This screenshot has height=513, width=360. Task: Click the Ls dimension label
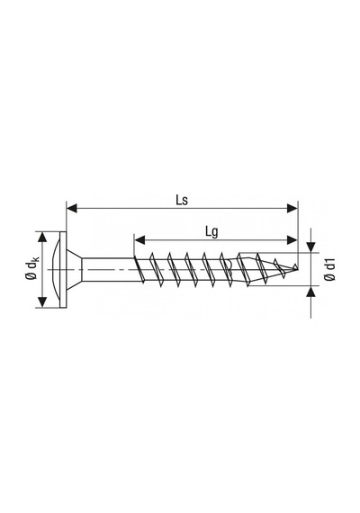tap(182, 200)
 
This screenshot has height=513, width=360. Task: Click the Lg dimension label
tap(211, 232)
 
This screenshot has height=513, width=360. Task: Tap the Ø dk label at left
tap(32, 268)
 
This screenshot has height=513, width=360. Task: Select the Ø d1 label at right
tap(329, 269)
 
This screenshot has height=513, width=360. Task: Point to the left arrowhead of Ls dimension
tap(72, 208)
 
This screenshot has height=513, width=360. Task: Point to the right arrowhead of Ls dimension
tap(292, 208)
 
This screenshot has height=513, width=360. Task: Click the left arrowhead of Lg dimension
tap(139, 239)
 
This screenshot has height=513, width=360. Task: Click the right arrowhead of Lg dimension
tap(292, 239)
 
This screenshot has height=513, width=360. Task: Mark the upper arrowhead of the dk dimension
tap(41, 238)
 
